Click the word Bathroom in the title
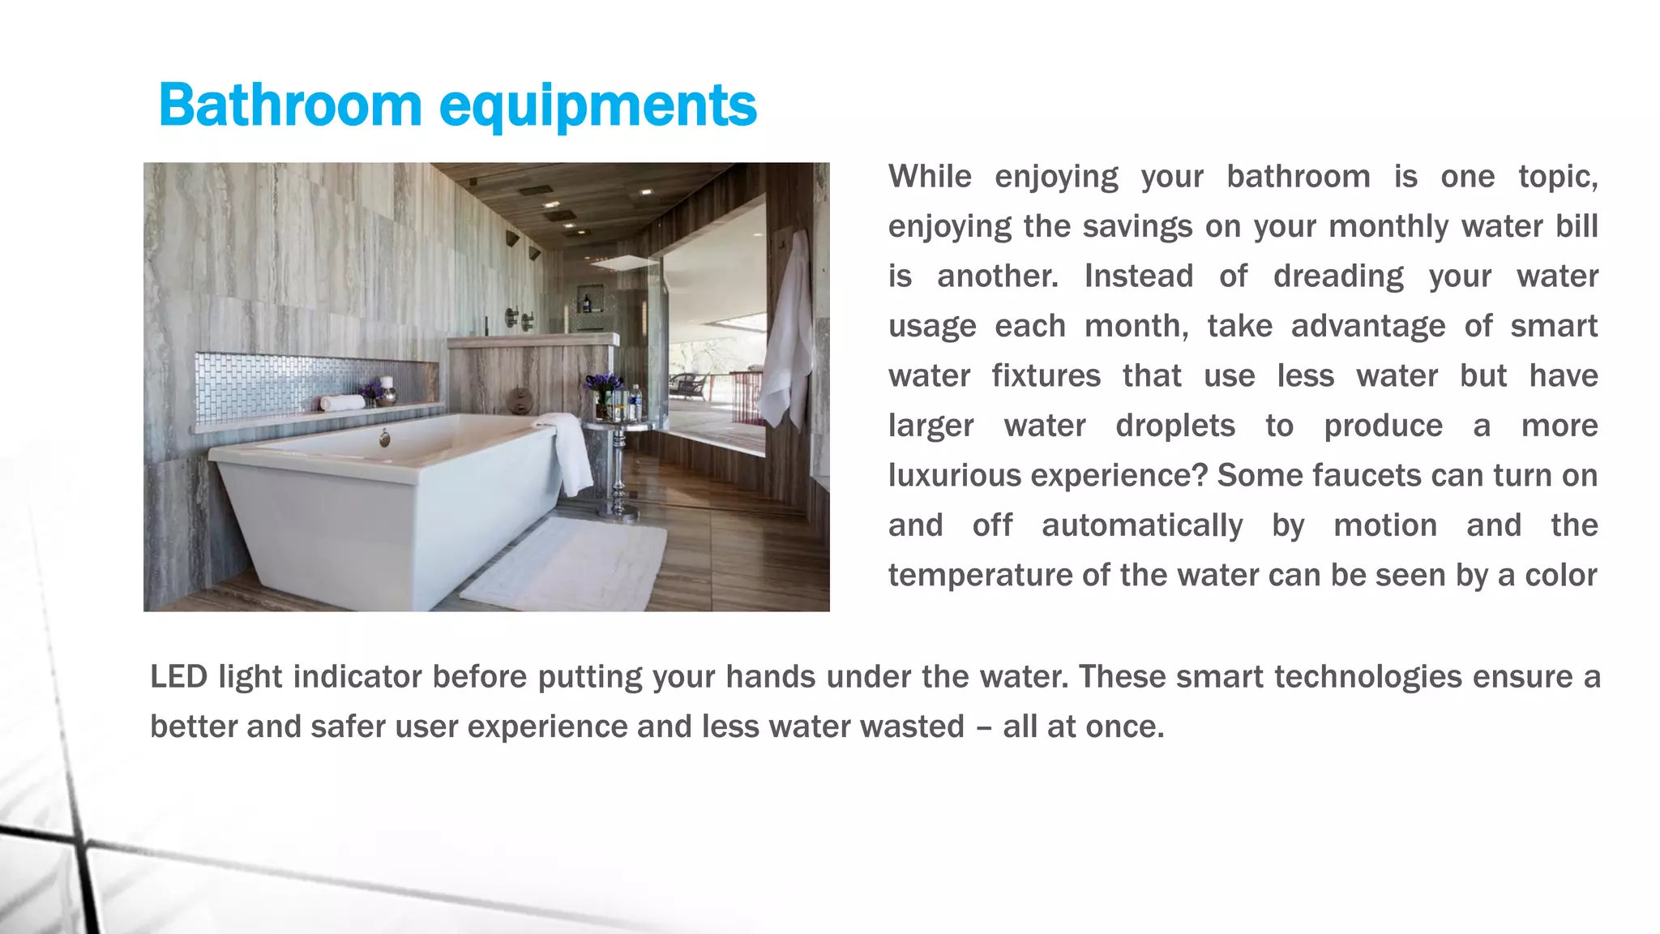[x=290, y=105]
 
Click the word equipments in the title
[x=597, y=107]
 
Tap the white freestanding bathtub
[x=381, y=503]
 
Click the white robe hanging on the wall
[x=786, y=332]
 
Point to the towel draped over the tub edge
[x=571, y=454]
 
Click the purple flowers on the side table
[x=603, y=383]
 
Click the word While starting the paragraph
[x=930, y=177]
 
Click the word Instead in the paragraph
[x=1138, y=276]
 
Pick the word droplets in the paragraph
[x=1174, y=426]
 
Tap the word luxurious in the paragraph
[x=954, y=475]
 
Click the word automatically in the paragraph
[x=1141, y=525]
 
